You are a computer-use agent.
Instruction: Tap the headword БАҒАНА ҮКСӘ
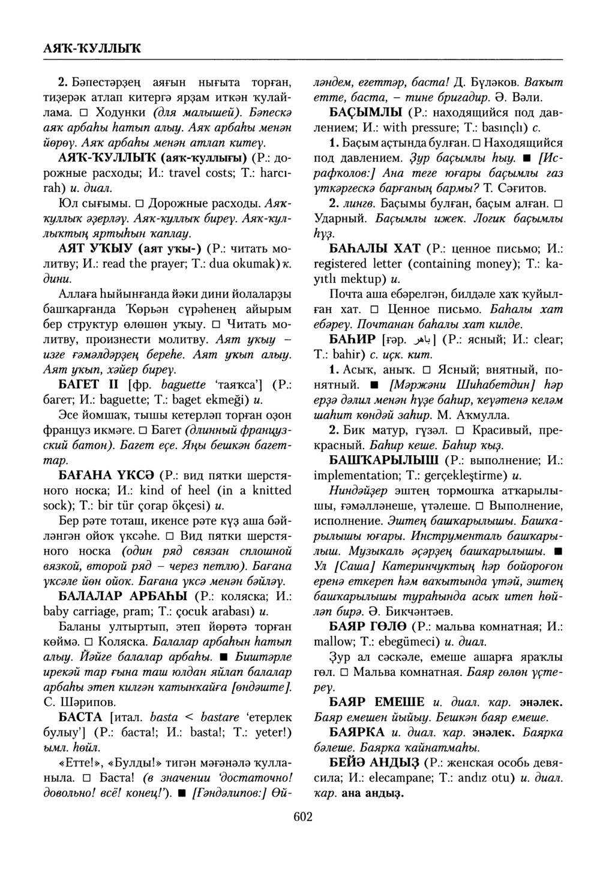108,476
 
